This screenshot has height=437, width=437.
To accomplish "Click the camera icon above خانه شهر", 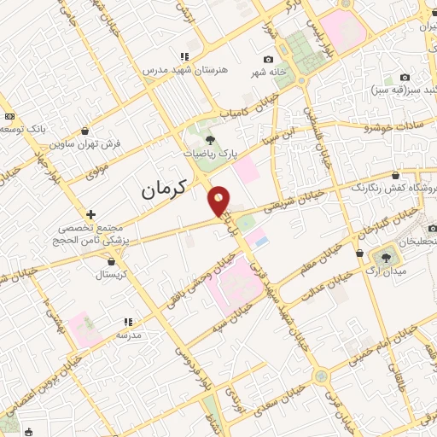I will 270,59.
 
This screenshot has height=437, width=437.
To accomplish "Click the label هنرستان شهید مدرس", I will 174,69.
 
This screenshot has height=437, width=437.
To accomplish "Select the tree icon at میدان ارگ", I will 385,256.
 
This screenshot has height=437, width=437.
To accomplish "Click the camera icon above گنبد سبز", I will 403,78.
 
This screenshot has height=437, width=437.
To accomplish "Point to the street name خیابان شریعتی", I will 294,201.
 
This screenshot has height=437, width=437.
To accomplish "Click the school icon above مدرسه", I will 128,322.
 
